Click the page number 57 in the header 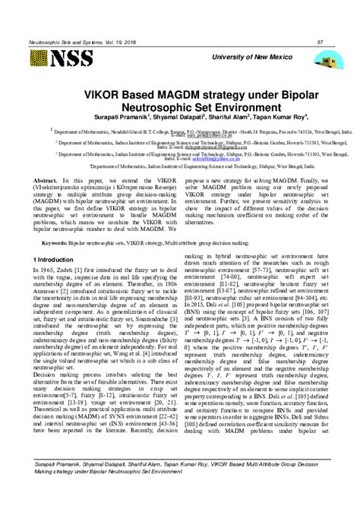point(321,42)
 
